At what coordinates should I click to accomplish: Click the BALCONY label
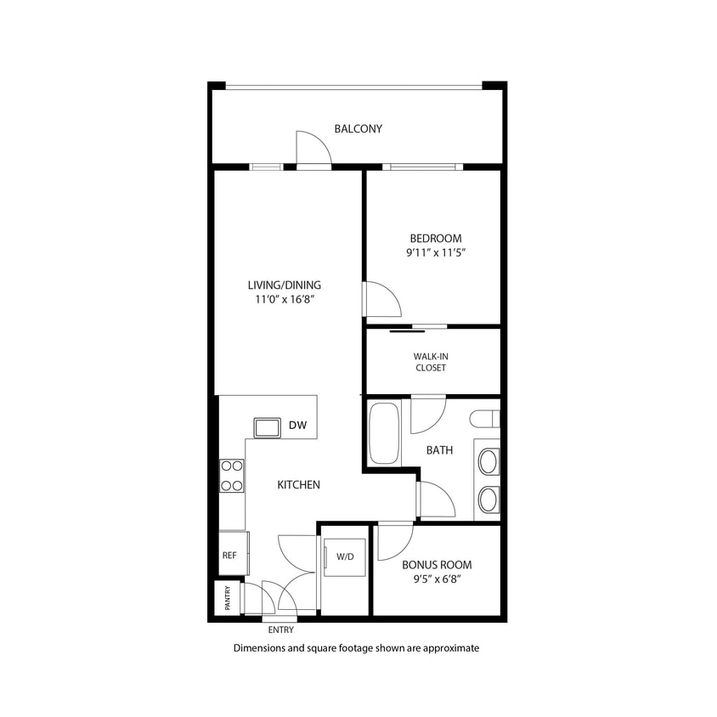(x=358, y=129)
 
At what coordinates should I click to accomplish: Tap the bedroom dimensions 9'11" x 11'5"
(x=436, y=253)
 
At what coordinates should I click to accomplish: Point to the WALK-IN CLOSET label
(x=430, y=362)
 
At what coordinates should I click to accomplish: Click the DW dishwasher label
(x=297, y=426)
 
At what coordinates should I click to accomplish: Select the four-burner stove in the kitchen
(x=232, y=476)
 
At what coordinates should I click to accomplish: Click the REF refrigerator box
(x=229, y=556)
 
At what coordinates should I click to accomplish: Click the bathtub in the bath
(x=384, y=433)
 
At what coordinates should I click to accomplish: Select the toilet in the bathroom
(x=485, y=419)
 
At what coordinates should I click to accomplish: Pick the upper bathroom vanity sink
(x=488, y=462)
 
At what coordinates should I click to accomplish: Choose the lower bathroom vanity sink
(x=488, y=500)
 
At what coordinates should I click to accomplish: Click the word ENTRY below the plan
(x=280, y=630)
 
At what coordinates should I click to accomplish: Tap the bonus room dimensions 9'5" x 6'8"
(x=437, y=579)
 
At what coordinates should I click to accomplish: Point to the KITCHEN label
(x=298, y=485)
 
